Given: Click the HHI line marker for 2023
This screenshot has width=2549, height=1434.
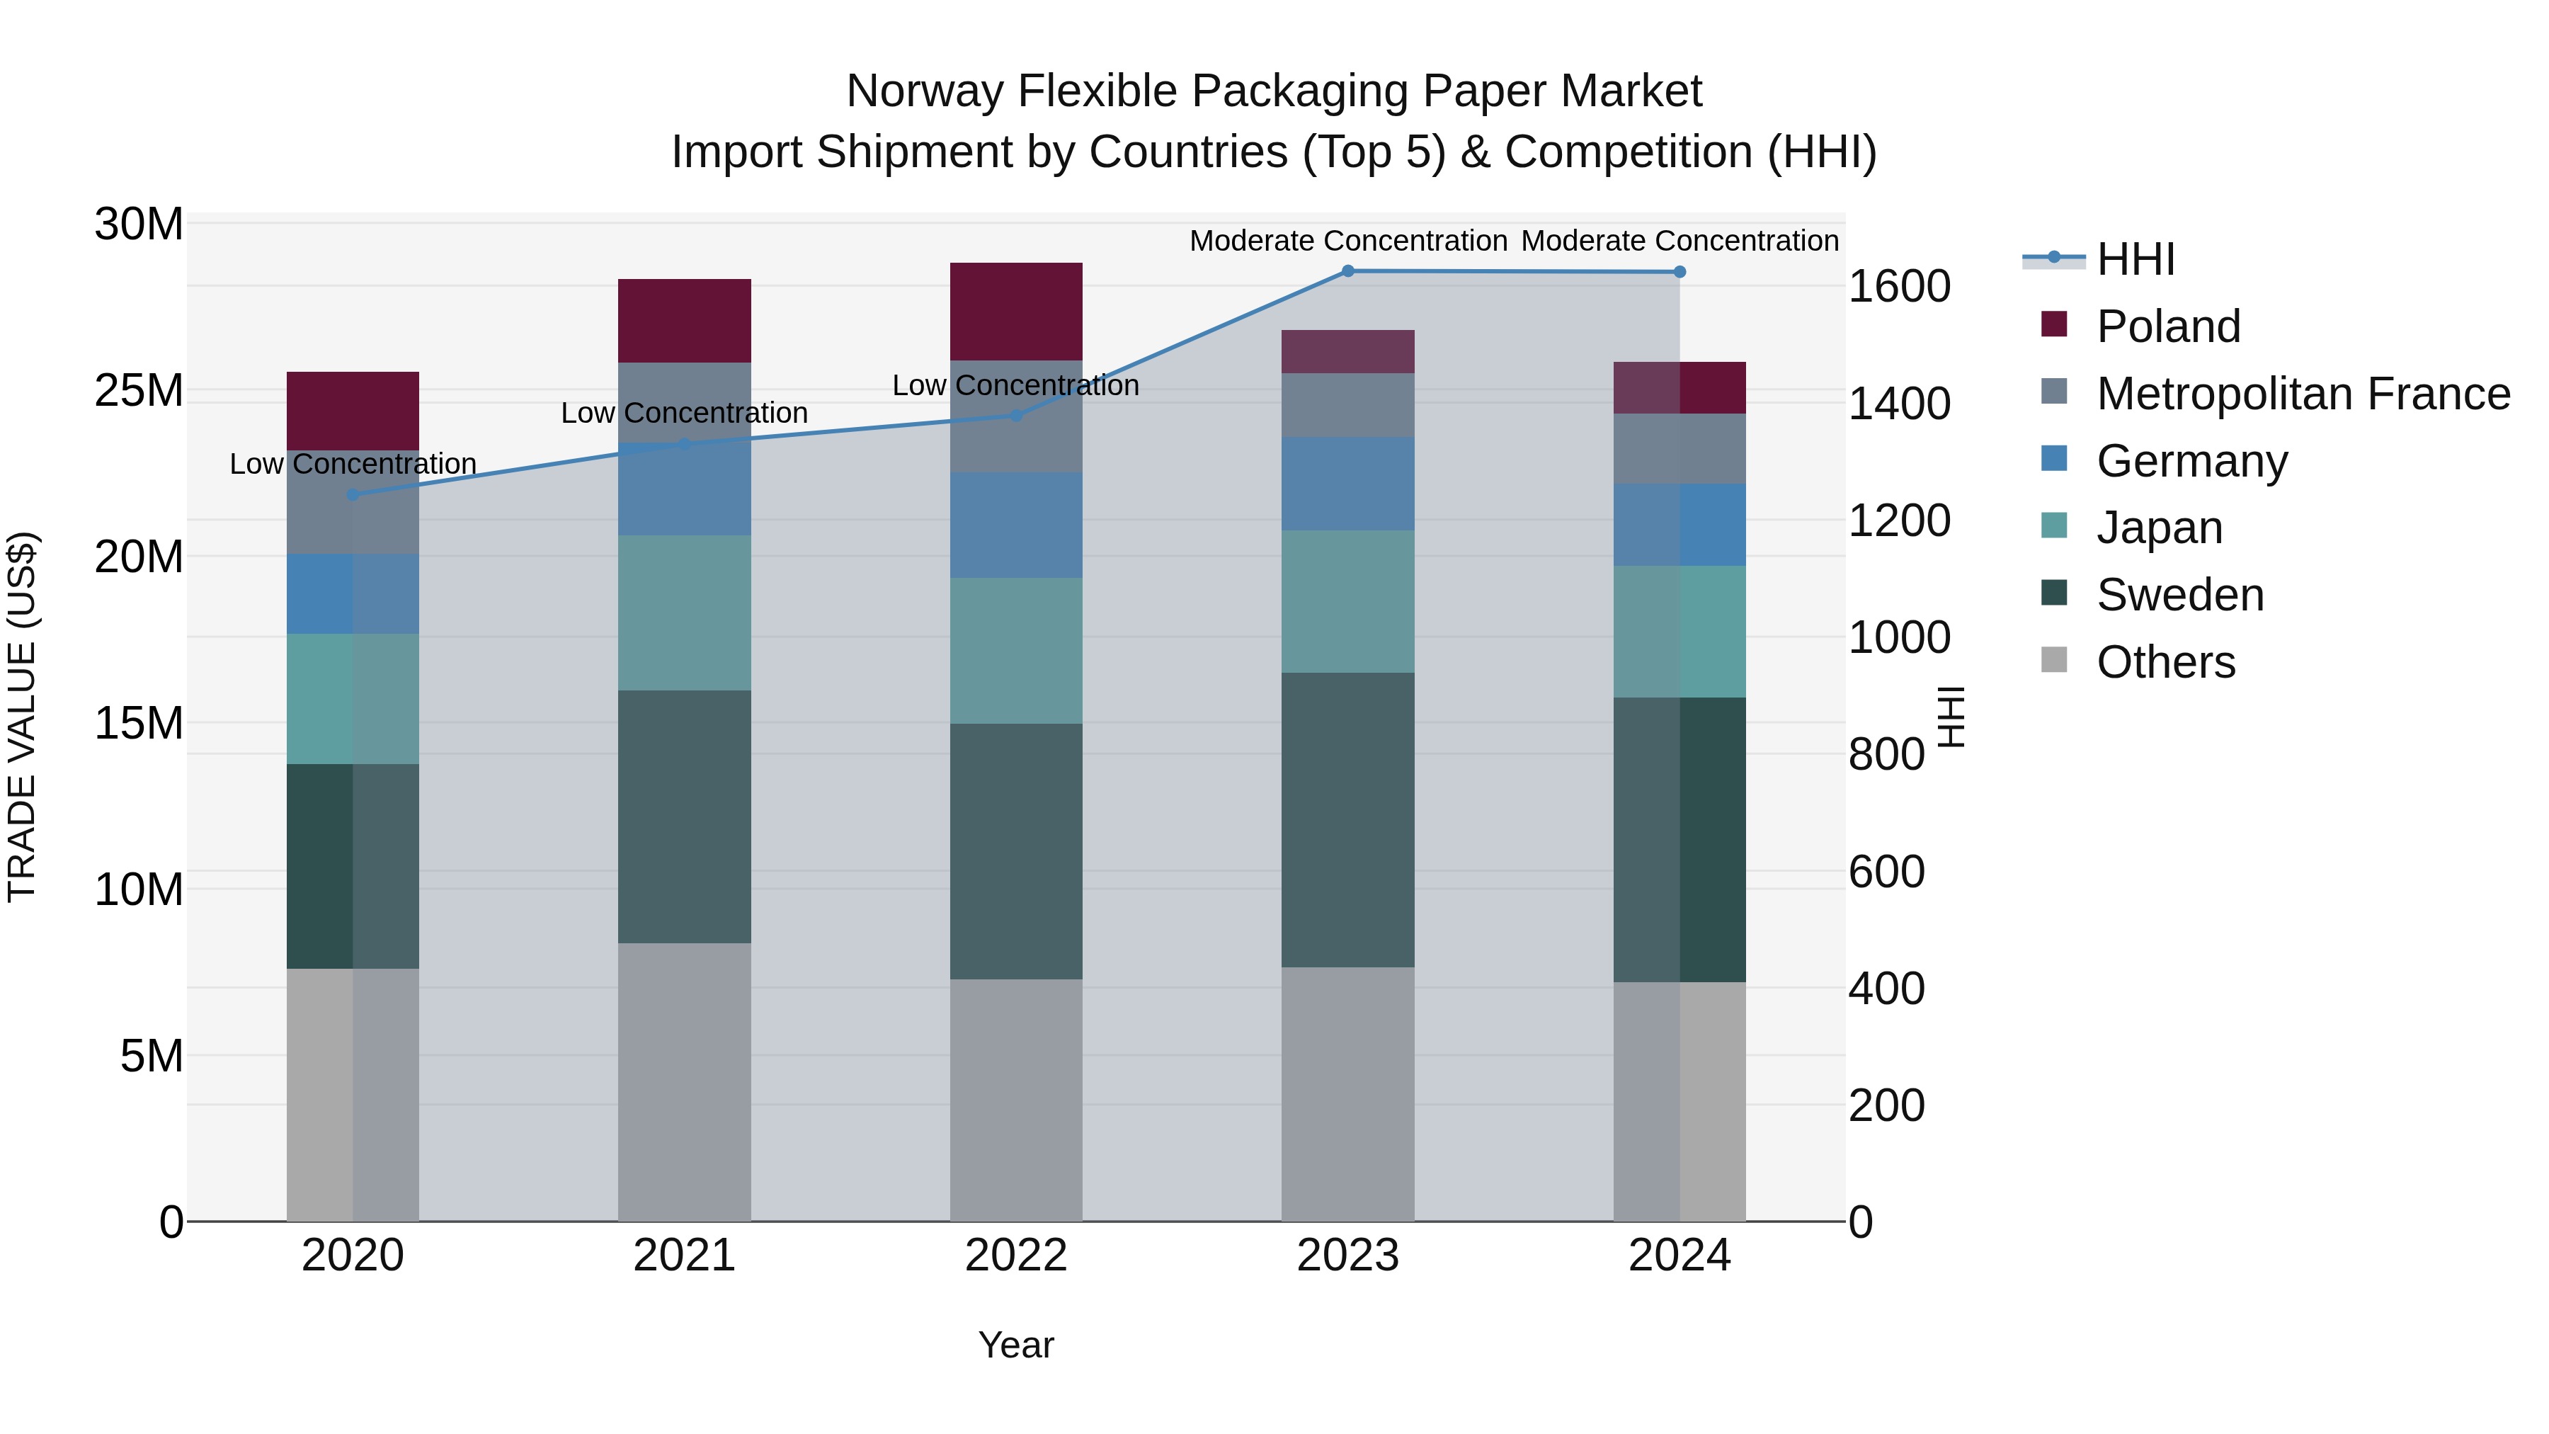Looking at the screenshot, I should (1347, 271).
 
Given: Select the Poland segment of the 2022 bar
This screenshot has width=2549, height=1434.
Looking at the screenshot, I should (1015, 311).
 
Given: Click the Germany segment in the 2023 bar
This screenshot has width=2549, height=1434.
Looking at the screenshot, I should (1347, 483).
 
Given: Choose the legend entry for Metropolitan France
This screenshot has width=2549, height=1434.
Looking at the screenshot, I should (2303, 394).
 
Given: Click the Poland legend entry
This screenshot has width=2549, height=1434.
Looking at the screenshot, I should (2168, 326).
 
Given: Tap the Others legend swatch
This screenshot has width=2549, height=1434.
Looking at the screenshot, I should (2054, 660).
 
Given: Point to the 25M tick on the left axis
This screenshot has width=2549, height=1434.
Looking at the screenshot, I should (139, 391).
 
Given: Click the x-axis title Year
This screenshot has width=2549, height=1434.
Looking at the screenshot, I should (1015, 1345).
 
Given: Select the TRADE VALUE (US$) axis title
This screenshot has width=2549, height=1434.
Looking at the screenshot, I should (22, 717).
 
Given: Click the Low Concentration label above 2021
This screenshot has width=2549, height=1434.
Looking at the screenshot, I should (684, 413).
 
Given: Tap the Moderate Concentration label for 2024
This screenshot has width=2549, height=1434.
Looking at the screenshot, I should (1680, 241).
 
